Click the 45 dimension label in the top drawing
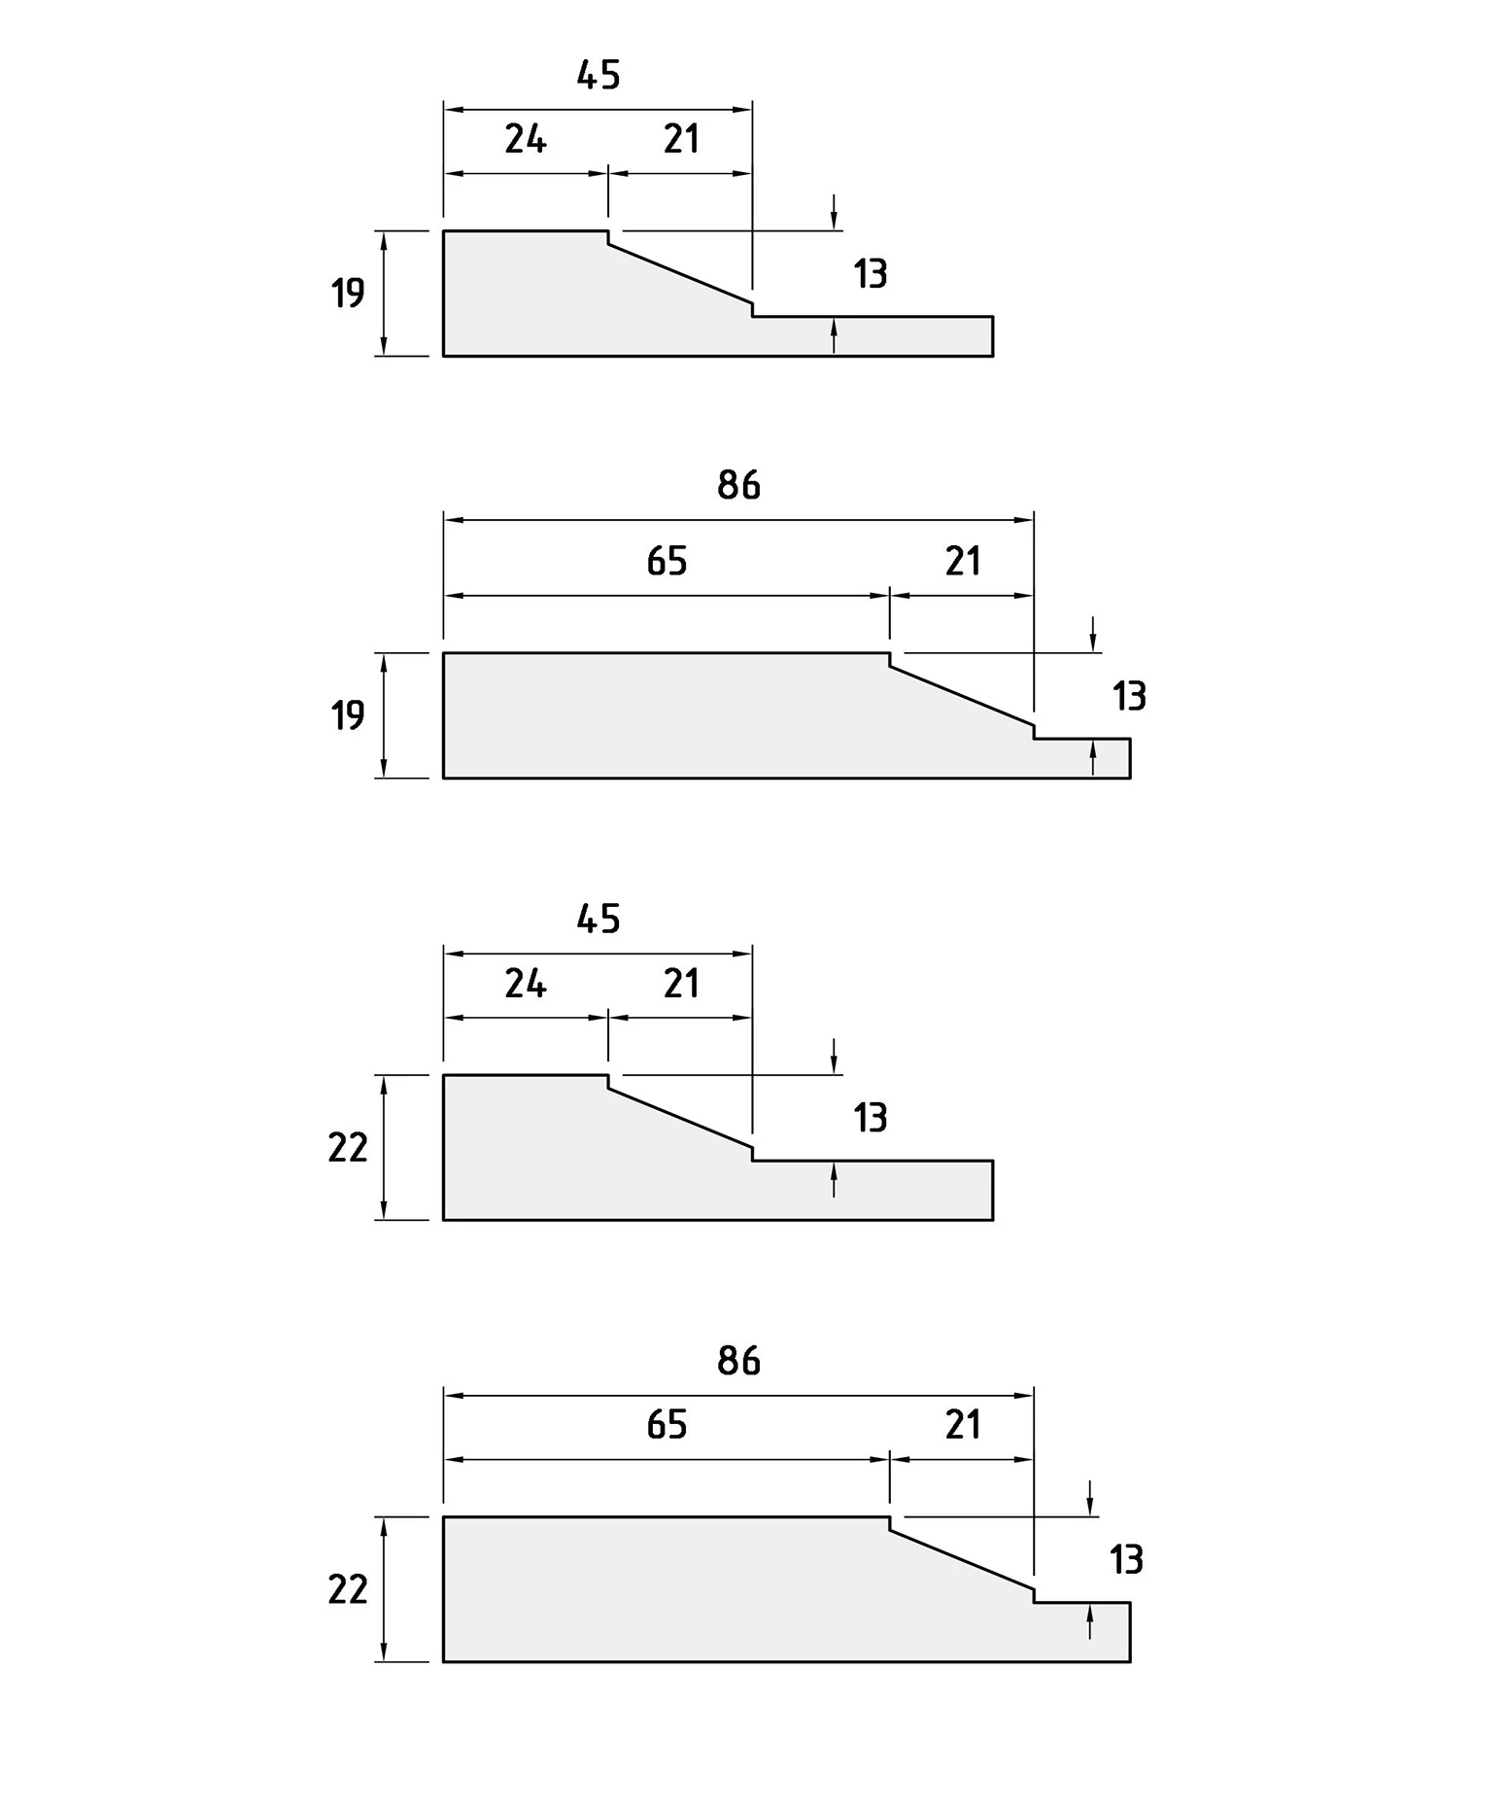click(598, 75)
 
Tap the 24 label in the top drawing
click(526, 140)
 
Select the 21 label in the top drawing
click(681, 140)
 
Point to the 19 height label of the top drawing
click(347, 293)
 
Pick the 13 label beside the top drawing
click(871, 274)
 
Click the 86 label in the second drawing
click(738, 485)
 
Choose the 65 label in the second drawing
click(667, 561)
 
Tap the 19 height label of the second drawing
click(347, 715)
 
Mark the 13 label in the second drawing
click(1129, 696)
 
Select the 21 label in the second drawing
click(963, 561)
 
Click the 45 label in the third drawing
click(598, 919)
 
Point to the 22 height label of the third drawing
click(348, 1148)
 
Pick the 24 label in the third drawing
click(526, 984)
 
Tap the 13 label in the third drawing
click(871, 1118)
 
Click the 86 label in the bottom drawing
click(738, 1361)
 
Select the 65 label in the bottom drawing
click(667, 1425)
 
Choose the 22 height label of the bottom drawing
click(348, 1590)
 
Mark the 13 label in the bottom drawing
click(1126, 1560)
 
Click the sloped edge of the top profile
click(680, 273)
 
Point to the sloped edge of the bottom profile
click(962, 1560)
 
